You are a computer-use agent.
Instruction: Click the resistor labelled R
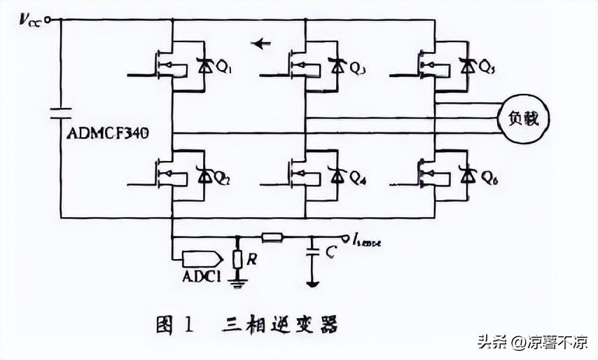click(x=237, y=260)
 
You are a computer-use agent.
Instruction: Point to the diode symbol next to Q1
click(x=205, y=67)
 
